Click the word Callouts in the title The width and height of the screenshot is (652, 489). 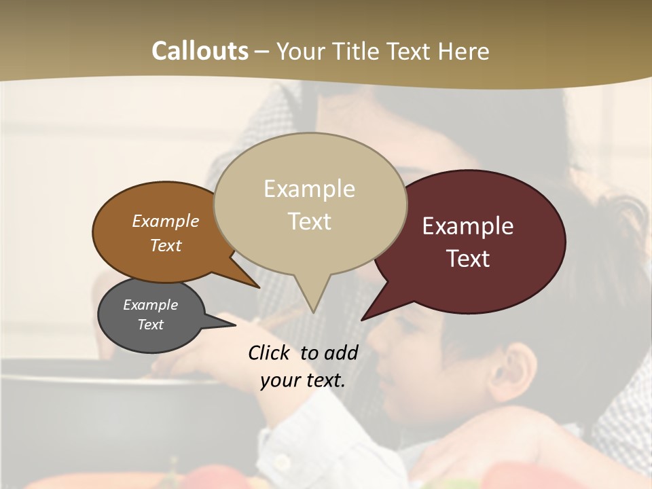200,51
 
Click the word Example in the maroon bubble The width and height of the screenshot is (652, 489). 468,226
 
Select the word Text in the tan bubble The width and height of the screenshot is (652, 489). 310,221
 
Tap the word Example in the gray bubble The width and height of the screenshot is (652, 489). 150,305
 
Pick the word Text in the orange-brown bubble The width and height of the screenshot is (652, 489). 166,245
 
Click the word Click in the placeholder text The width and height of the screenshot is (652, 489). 270,353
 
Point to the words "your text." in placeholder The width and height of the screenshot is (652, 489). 303,380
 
